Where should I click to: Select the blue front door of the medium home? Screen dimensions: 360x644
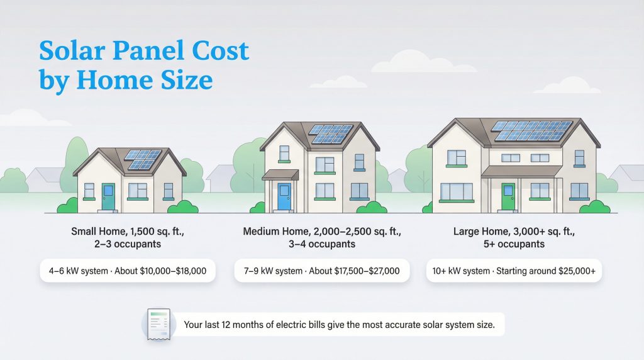click(x=284, y=196)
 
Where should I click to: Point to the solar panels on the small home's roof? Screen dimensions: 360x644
click(x=142, y=159)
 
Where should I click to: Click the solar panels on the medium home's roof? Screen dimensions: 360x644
click(x=331, y=133)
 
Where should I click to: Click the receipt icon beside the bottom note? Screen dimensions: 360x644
click(x=156, y=325)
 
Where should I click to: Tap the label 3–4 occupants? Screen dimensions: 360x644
click(x=321, y=244)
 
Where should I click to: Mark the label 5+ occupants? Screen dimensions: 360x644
click(x=513, y=244)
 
